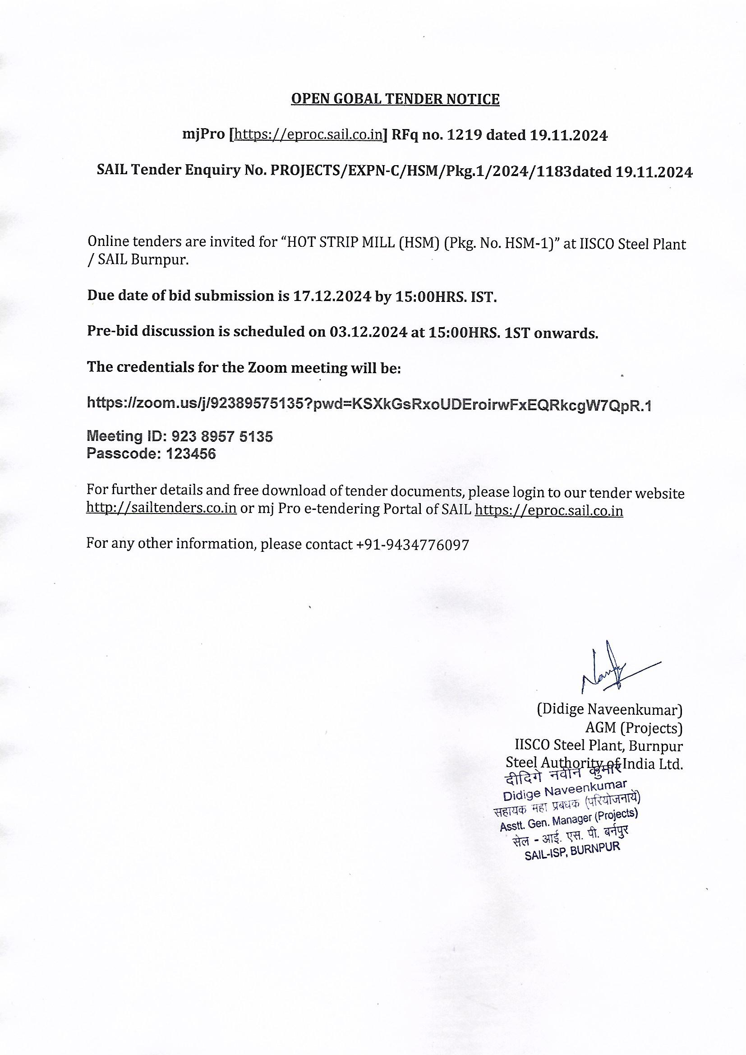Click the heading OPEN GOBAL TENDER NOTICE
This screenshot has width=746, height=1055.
[x=395, y=99]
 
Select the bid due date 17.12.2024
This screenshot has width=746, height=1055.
[x=331, y=296]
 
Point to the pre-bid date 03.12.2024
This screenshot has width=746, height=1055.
[x=368, y=332]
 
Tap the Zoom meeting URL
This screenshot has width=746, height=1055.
[x=369, y=404]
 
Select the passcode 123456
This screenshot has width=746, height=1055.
[x=191, y=454]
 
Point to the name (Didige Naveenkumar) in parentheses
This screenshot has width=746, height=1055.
[x=609, y=710]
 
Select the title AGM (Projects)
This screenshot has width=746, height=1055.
[x=633, y=728]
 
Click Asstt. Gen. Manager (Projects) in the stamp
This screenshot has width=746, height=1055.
[x=568, y=821]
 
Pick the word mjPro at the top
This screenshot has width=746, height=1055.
[x=203, y=135]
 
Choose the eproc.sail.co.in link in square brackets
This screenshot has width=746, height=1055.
[x=308, y=135]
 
